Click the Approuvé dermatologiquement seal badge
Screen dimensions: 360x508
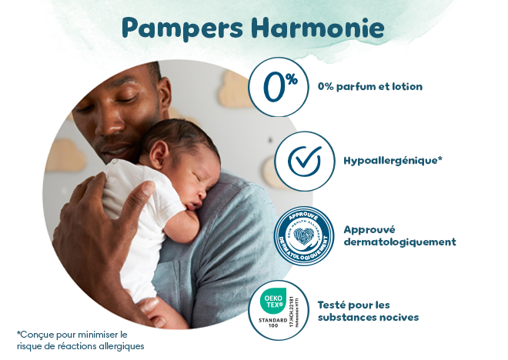pyautogui.click(x=302, y=236)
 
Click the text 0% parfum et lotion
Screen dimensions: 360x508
pyautogui.click(x=370, y=87)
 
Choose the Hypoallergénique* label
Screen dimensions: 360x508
pyautogui.click(x=393, y=161)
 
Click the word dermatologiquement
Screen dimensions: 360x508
pyautogui.click(x=399, y=242)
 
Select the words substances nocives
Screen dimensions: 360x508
pyautogui.click(x=368, y=317)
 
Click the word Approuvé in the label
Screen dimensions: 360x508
pyautogui.click(x=369, y=229)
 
